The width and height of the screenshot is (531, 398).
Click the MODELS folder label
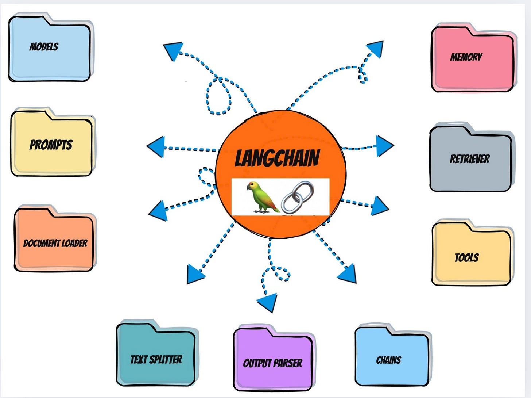[x=44, y=47]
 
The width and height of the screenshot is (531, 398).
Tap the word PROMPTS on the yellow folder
[x=51, y=145]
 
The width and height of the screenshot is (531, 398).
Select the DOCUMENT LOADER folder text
[x=55, y=243]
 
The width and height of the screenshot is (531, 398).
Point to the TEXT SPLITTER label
[x=156, y=360]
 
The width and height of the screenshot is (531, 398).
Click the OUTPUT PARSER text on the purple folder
[x=272, y=363]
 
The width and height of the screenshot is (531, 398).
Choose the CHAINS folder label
[x=388, y=360]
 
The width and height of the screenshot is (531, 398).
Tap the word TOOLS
[x=466, y=258]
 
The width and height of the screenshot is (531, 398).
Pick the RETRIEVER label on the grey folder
[x=470, y=159]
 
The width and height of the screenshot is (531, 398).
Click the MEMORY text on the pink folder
[x=466, y=57]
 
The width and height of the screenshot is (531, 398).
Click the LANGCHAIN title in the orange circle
[x=277, y=158]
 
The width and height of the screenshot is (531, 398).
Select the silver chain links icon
[x=298, y=197]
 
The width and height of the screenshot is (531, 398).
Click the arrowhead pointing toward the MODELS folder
[x=173, y=51]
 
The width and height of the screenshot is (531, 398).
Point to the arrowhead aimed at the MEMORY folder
[x=376, y=48]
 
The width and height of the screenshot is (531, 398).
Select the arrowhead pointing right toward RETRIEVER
[x=384, y=146]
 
